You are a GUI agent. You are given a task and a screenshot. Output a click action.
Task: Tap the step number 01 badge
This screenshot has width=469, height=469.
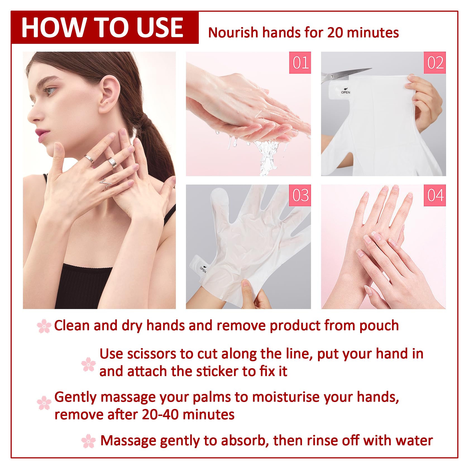[x=300, y=63]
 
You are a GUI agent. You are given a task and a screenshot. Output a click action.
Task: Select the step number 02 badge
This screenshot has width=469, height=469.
[x=435, y=63]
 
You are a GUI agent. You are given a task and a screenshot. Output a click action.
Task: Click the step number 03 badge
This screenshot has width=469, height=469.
[x=300, y=195]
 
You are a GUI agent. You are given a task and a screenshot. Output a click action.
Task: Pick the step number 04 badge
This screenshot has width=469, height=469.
[x=435, y=195]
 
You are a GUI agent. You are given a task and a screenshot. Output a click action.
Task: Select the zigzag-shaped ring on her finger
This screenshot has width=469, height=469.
[x=106, y=183]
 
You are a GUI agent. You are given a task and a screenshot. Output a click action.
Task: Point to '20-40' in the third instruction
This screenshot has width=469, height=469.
[x=160, y=415]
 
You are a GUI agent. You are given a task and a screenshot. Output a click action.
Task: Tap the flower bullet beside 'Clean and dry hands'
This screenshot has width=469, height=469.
[x=44, y=326]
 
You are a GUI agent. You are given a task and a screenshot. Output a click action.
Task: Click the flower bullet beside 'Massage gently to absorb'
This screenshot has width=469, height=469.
[x=89, y=441]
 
